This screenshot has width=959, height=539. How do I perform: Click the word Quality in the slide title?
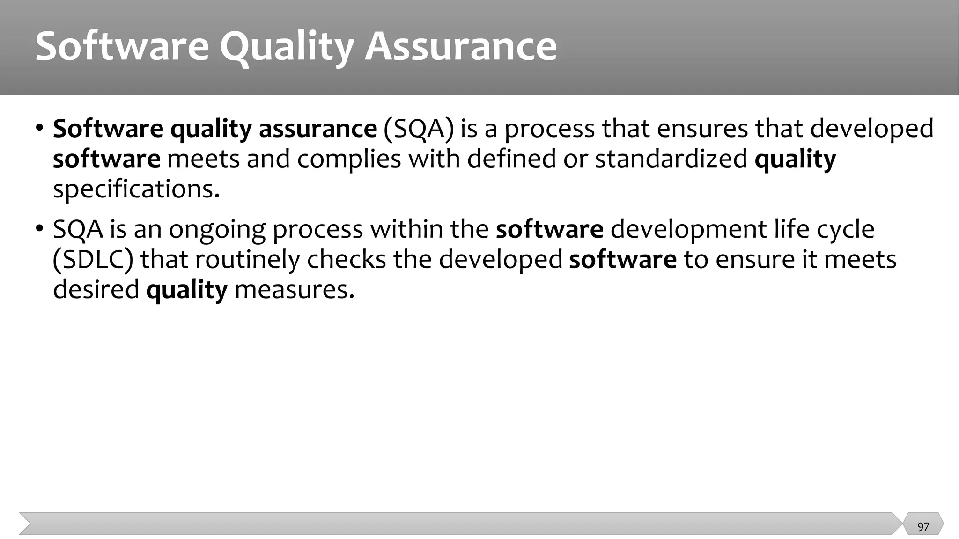tap(286, 47)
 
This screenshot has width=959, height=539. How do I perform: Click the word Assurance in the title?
tap(461, 47)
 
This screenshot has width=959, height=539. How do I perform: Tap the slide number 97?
tap(923, 527)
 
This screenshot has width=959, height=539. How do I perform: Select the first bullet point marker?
tap(40, 128)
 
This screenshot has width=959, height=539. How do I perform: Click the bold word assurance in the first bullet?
tap(317, 129)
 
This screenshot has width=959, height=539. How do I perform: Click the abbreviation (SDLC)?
tap(93, 260)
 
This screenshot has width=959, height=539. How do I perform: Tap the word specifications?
tap(136, 189)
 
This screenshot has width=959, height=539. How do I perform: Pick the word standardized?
tap(671, 159)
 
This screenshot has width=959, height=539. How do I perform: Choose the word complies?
tap(349, 159)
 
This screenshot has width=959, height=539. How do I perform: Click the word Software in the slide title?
tap(122, 47)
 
